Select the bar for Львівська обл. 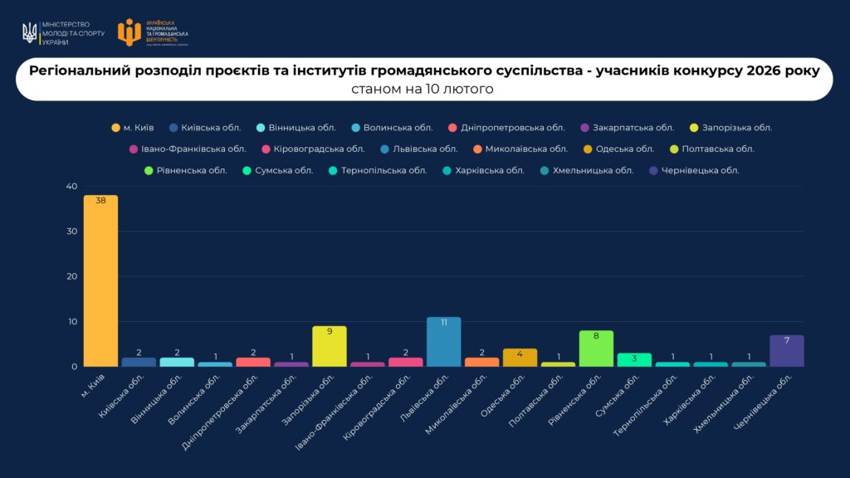(x=443, y=342)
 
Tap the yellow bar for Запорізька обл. (x=329, y=346)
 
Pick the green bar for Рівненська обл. (x=596, y=349)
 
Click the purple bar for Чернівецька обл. (x=787, y=351)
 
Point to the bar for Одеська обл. (x=520, y=358)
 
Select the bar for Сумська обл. (x=634, y=360)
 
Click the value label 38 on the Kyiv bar (x=100, y=201)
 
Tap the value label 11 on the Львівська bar (x=443, y=323)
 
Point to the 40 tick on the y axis (x=71, y=187)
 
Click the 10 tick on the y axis (x=71, y=322)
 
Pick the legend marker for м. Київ (x=115, y=128)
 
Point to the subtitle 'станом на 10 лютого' (x=423, y=89)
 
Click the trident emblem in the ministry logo (x=30, y=33)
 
